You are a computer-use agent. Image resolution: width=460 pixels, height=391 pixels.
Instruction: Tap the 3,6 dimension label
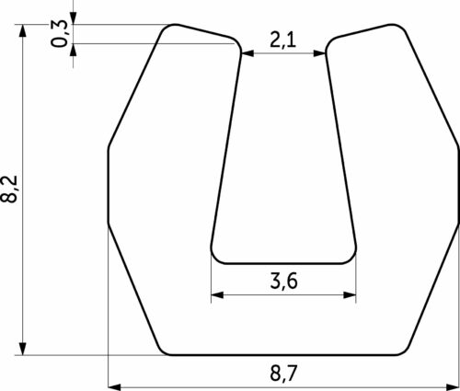282,281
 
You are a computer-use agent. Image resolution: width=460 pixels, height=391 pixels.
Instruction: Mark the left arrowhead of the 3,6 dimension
217,295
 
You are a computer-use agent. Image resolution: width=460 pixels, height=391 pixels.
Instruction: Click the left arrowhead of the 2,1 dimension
247,53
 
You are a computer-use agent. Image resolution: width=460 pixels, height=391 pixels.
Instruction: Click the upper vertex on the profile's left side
109,146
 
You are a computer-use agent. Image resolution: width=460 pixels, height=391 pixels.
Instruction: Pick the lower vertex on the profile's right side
456,222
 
